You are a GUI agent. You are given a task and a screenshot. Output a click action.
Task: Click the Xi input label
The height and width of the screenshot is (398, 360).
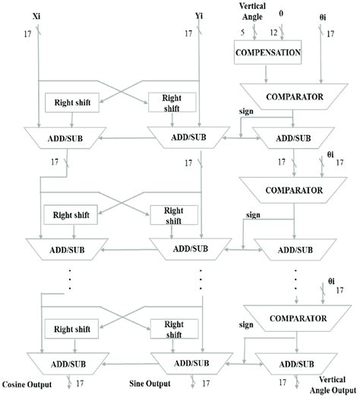point(38,15)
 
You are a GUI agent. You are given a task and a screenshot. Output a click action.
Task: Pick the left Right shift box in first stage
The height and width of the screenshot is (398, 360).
point(69,102)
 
